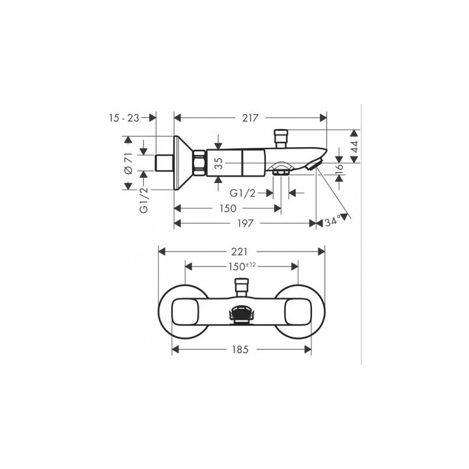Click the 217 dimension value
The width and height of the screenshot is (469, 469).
[251, 118]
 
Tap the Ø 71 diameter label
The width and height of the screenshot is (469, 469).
[128, 162]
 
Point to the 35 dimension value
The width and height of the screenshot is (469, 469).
[220, 162]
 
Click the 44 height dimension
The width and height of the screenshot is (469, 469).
[355, 146]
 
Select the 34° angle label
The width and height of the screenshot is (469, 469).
[334, 222]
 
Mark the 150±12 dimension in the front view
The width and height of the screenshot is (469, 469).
[242, 266]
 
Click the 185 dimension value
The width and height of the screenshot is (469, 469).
[242, 350]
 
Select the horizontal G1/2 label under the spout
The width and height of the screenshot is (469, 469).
[242, 193]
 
